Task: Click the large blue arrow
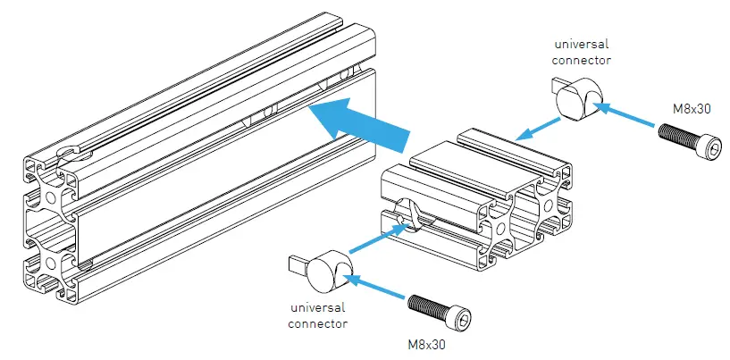pyautogui.click(x=357, y=123)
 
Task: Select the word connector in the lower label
pyautogui.click(x=318, y=322)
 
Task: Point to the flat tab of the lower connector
pyautogui.click(x=298, y=264)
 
